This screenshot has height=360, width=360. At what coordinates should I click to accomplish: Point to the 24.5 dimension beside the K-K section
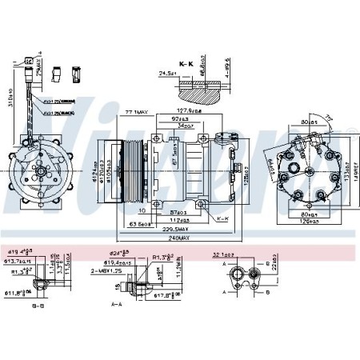(x=167, y=73)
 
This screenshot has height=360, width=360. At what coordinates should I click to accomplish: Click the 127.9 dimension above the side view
(x=188, y=110)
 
